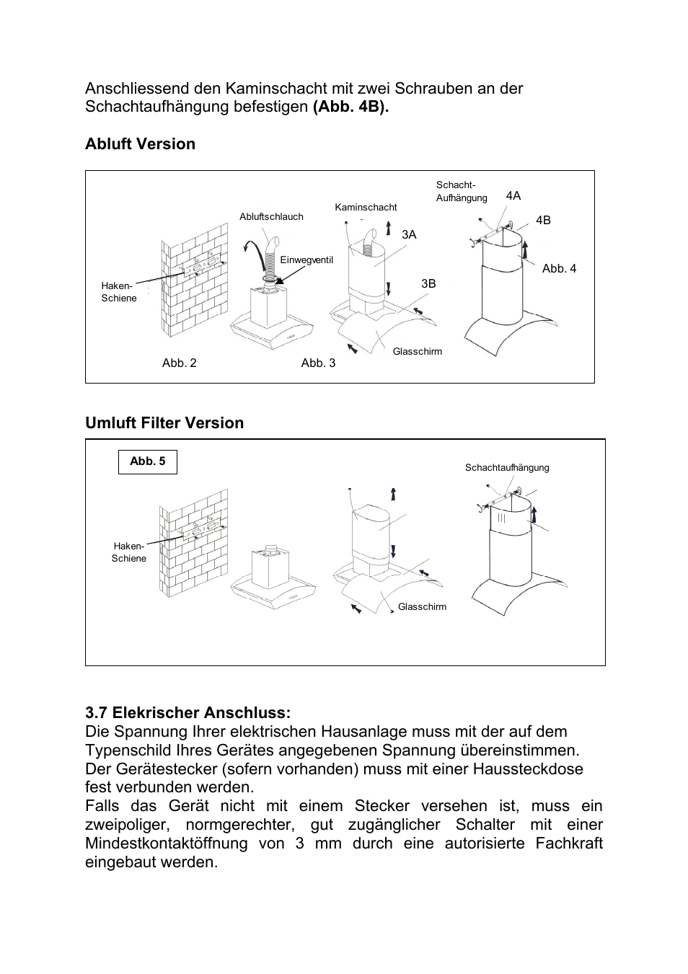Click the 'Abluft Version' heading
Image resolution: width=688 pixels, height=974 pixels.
point(140,144)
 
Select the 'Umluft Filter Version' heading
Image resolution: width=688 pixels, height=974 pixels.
point(164,423)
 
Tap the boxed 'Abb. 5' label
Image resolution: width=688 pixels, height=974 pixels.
point(148,461)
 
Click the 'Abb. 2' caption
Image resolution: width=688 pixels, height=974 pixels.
point(179,363)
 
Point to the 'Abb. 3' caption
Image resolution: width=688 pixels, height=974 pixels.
point(318,363)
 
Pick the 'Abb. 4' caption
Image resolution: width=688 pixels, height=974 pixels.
point(559,269)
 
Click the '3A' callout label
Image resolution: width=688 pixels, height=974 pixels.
point(409,235)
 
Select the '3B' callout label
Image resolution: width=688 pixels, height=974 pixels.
point(428,284)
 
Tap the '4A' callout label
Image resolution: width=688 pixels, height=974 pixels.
point(513,196)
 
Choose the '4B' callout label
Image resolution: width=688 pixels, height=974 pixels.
point(542,221)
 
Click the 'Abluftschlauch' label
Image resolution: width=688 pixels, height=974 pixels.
point(271,217)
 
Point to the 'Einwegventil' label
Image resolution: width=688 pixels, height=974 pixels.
point(306,260)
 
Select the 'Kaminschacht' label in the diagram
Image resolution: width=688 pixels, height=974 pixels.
point(366,208)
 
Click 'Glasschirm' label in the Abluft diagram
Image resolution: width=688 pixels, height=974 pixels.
point(417,352)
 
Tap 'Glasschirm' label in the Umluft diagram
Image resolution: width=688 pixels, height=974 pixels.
point(422,607)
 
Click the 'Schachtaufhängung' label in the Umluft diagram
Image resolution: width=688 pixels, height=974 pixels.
point(507,468)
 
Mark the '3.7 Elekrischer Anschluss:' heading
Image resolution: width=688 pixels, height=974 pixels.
point(188,713)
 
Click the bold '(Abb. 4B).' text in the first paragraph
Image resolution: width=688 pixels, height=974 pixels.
point(350,107)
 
